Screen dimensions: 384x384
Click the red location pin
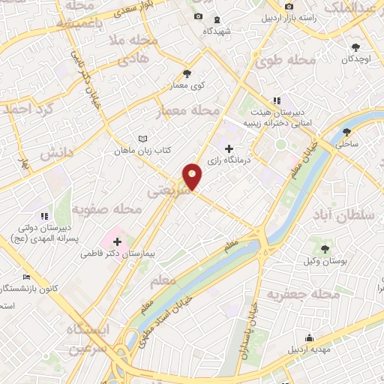coord(193,175)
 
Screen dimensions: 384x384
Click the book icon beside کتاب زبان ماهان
coord(142,139)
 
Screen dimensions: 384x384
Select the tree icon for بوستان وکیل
coord(324,248)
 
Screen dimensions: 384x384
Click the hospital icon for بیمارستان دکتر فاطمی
coord(117,241)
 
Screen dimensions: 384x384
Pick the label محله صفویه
coord(109,209)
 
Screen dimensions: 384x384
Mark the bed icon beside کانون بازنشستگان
coord(27,277)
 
